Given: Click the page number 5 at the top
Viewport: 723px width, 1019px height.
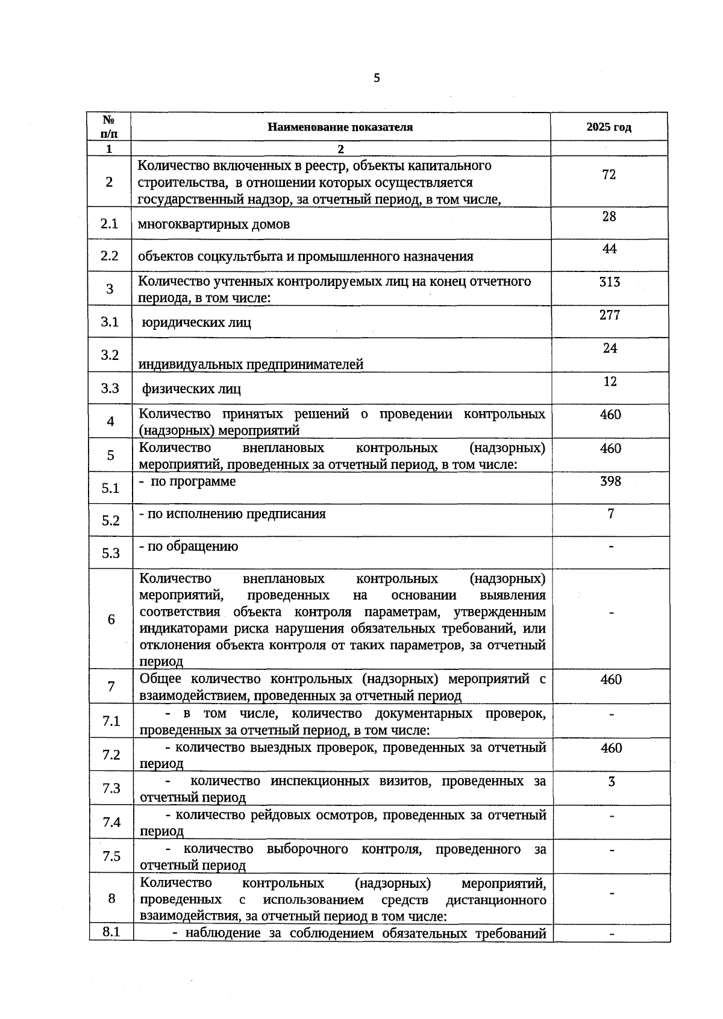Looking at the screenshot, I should pos(377,78).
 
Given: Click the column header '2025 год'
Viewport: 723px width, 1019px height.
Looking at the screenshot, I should pos(609,127).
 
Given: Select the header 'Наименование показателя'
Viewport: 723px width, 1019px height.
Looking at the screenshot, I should pos(340,127).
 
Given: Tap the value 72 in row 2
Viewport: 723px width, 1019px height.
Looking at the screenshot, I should pos(609,175).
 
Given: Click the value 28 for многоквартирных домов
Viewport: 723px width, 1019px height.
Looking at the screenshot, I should pos(609,217).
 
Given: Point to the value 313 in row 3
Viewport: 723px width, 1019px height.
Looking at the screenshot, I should pos(610,282).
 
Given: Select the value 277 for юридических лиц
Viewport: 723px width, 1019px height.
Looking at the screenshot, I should pos(610,315).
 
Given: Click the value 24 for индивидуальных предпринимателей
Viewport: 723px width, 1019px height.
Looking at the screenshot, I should pos(610,348).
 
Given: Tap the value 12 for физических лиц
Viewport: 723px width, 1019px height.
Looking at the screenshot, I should pos(610,381).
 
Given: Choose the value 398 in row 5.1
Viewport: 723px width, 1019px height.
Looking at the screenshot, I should pos(610,481).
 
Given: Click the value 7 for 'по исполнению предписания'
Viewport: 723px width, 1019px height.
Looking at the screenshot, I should pos(611,513).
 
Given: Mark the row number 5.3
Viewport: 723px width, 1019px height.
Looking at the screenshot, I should pos(111,553).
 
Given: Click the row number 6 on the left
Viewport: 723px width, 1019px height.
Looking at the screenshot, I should pos(111,619).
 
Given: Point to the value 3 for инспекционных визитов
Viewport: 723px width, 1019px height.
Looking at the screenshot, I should pos(612,782).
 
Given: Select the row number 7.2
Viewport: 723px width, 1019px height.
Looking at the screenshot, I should pos(111,755).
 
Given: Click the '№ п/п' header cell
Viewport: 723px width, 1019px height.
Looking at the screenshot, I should pos(109,126).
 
